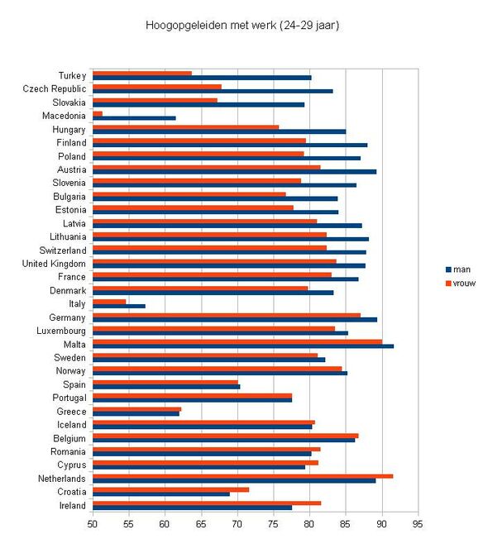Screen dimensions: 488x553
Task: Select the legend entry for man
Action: tap(458, 269)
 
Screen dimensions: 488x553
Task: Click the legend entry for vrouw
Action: tap(461, 284)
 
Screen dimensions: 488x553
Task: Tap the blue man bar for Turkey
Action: tap(202, 78)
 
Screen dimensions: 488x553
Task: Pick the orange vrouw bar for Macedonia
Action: tap(98, 113)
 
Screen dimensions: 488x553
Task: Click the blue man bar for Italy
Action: tap(119, 306)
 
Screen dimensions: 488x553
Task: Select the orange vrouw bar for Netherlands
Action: tap(243, 476)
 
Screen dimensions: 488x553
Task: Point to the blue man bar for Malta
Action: tap(243, 346)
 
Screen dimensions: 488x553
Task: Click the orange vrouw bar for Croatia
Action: tap(170, 489)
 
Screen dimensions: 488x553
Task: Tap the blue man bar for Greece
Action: tap(136, 413)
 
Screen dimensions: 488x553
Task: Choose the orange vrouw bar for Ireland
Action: tap(207, 503)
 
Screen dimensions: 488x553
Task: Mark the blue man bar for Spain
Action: tap(166, 387)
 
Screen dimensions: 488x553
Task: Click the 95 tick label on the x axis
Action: tap(418, 524)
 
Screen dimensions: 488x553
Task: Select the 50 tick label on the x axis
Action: tap(93, 524)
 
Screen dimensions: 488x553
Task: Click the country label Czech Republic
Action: tap(55, 89)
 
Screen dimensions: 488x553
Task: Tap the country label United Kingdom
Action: tap(54, 264)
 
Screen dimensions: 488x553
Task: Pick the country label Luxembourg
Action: tap(61, 331)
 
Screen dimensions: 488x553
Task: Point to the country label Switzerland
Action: tap(63, 250)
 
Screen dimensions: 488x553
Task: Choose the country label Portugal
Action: tap(69, 398)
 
